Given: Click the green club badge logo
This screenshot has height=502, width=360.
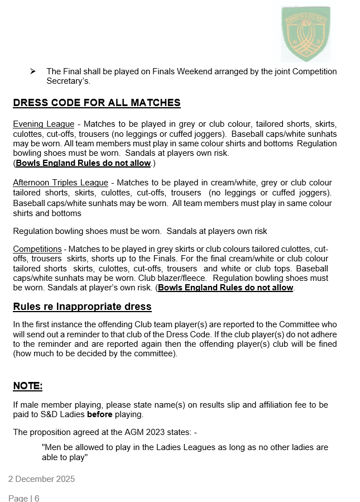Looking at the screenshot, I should (305, 34).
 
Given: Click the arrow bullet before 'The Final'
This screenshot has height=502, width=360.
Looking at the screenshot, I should (33, 71).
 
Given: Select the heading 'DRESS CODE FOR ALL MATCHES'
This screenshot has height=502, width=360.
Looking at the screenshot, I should (97, 103).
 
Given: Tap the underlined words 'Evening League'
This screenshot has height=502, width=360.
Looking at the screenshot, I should (44, 124).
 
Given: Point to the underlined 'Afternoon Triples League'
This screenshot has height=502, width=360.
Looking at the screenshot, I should (60, 183).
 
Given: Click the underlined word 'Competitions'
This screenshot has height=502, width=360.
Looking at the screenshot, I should (37, 249).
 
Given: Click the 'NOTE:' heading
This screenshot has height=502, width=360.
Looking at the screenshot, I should (27, 386).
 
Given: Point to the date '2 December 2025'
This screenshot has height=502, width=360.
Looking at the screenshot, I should (41, 479).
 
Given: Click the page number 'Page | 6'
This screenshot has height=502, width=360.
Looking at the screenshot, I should (24, 498).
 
